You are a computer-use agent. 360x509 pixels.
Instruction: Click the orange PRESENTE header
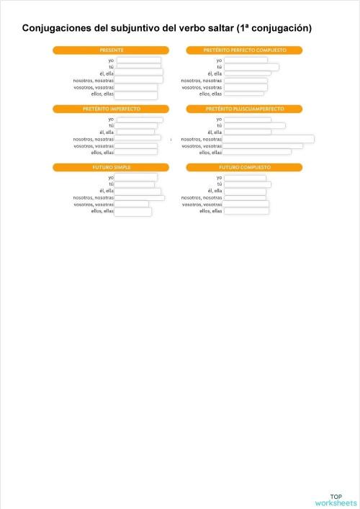point(110,50)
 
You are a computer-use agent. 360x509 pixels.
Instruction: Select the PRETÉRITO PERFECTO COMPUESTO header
point(244,50)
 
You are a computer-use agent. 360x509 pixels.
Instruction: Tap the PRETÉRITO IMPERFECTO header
point(110,109)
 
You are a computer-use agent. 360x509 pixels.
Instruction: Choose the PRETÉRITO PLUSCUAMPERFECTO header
point(244,109)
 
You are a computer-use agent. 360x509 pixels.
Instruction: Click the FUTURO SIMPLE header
point(110,167)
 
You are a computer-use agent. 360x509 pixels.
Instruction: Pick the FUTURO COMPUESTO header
point(244,167)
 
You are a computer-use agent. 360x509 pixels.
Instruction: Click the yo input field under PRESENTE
point(138,60)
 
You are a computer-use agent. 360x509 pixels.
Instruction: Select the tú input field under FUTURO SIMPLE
point(135,184)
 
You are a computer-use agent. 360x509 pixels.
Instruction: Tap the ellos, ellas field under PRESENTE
point(135,94)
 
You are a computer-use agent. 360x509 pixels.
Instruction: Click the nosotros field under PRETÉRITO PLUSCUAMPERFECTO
point(268,139)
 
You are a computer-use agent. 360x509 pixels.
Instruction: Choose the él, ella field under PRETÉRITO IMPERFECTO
point(135,132)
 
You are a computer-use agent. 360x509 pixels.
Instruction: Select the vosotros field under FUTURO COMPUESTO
point(246,204)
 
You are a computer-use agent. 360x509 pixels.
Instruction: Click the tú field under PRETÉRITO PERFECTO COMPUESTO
point(251,67)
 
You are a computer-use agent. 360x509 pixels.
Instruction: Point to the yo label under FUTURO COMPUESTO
point(219,177)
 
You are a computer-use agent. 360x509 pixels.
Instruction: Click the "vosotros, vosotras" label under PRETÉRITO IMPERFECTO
point(94,146)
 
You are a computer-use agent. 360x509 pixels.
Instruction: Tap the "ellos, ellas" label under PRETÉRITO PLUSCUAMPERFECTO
point(211,153)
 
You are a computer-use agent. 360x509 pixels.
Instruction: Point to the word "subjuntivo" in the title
point(143,28)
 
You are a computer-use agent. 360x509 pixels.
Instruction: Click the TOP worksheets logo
point(336,500)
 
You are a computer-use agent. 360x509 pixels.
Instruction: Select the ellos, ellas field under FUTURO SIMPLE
point(132,212)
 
